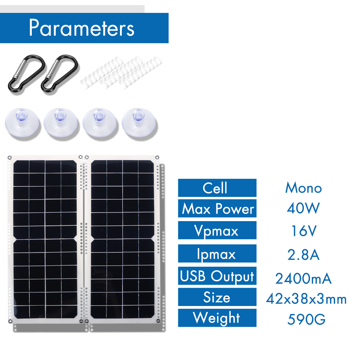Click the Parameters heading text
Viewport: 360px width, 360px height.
pyautogui.click(x=82, y=28)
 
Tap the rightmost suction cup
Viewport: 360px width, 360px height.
pyautogui.click(x=139, y=124)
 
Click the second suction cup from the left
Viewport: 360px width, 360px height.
pyautogui.click(x=61, y=124)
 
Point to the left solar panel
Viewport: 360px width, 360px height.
pyautogui.click(x=45, y=239)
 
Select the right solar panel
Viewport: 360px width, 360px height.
pyautogui.click(x=122, y=239)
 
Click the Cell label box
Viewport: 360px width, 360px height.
pyautogui.click(x=217, y=188)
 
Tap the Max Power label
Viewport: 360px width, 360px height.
pyautogui.click(x=217, y=208)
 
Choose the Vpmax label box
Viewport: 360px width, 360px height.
pyautogui.click(x=217, y=231)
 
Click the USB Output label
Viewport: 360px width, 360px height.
pyautogui.click(x=217, y=276)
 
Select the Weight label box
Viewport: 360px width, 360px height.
pyautogui.click(x=217, y=318)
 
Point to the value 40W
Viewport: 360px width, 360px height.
pyautogui.click(x=303, y=208)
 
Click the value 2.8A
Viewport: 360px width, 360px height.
pyautogui.click(x=303, y=255)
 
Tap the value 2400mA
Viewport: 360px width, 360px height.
pyautogui.click(x=303, y=279)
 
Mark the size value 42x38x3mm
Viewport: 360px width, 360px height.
pyautogui.click(x=306, y=299)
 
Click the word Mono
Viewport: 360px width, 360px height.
pyautogui.click(x=303, y=188)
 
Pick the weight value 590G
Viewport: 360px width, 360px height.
pyautogui.click(x=306, y=319)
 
